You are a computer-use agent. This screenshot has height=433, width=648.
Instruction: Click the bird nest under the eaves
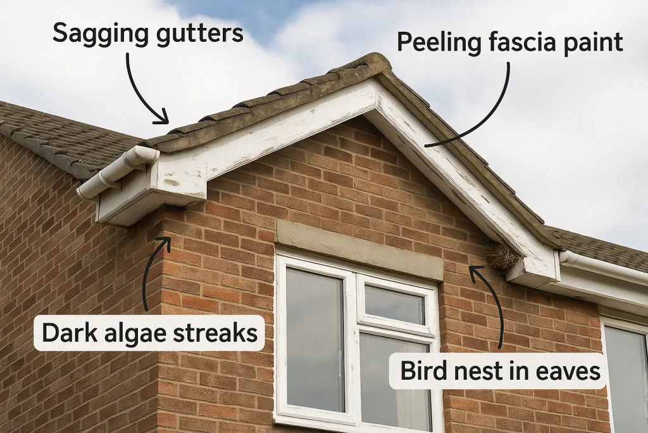click(x=503, y=255)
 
